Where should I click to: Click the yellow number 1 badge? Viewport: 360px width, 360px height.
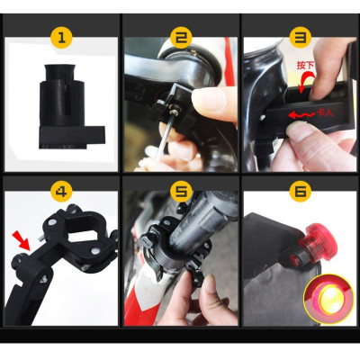point(60,39)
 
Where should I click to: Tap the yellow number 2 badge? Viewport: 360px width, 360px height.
point(180,39)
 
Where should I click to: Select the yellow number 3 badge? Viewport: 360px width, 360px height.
point(299,39)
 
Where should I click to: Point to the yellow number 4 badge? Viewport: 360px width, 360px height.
point(60,192)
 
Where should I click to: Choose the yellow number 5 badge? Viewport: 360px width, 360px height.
point(180,192)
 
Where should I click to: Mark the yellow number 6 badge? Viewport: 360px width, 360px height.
point(299,192)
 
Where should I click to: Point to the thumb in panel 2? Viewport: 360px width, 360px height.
point(211,99)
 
